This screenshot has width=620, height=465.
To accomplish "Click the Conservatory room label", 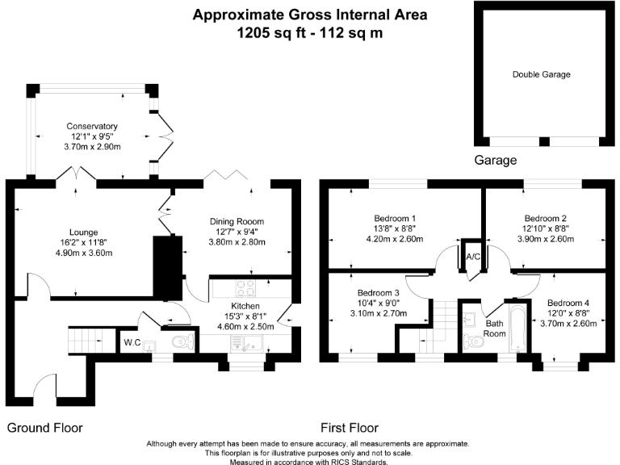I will (x=92, y=127).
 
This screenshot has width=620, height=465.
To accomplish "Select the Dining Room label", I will (x=237, y=222).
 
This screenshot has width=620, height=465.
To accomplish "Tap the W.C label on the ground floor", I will (x=132, y=343).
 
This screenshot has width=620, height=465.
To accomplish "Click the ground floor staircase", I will (x=83, y=340).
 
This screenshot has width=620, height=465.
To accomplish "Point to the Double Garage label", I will (x=541, y=74).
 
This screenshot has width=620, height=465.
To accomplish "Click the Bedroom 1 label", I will (x=395, y=218).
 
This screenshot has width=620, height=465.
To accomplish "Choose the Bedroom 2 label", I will (x=545, y=218).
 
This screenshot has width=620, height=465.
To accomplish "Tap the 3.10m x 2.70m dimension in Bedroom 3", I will (x=379, y=313).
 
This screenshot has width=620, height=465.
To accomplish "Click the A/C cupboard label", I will (x=474, y=257).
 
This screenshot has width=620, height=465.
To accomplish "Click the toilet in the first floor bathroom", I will (x=475, y=342).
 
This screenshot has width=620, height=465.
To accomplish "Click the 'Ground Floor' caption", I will (x=45, y=427).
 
